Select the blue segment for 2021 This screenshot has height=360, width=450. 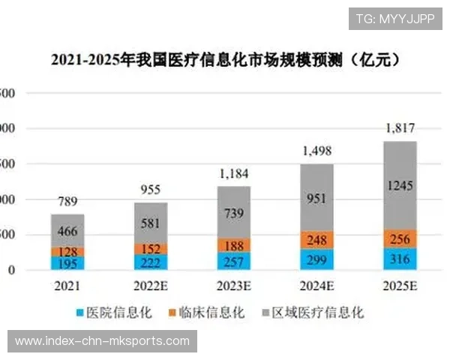click(67, 263)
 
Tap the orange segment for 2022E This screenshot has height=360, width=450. click(151, 248)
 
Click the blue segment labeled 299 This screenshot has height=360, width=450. click(316, 259)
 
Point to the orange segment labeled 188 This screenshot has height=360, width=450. click(234, 245)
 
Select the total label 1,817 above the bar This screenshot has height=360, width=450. click(400, 128)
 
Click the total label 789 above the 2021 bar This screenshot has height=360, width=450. click(67, 201)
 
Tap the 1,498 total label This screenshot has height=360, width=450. click(316, 151)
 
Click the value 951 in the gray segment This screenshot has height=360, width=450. click(316, 197)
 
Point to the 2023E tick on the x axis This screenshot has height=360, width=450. click(234, 286)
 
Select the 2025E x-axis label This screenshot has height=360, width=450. click(400, 286)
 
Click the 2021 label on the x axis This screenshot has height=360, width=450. click(67, 286)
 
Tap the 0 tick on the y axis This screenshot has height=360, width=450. click(11, 270)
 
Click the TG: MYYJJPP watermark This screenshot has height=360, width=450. click(394, 18)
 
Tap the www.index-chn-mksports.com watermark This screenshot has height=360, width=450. click(102, 341)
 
